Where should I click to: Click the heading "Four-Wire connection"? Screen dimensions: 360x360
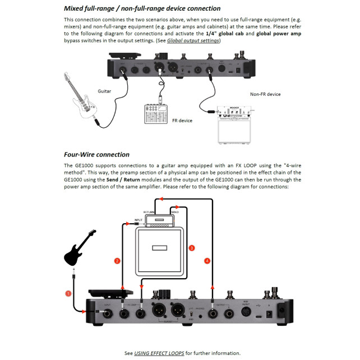[x=96, y=154]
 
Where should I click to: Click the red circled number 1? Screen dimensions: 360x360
[x=68, y=293]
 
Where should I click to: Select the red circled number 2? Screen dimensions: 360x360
[x=117, y=261]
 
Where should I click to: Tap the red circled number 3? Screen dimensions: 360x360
[x=192, y=247]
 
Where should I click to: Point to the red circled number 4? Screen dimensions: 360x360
[x=208, y=261]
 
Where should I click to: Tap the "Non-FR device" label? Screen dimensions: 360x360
[x=265, y=94]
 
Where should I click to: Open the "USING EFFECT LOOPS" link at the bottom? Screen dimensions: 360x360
[x=162, y=353]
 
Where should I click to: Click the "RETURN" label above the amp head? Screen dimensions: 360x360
[x=149, y=212]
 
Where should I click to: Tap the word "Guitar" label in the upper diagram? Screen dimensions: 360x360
[x=104, y=90]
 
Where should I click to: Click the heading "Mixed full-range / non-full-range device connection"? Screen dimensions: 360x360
[x=142, y=8]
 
